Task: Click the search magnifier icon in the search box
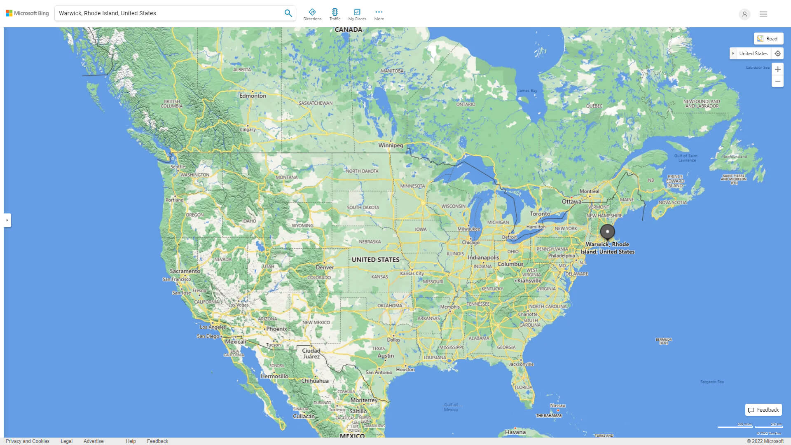tap(288, 13)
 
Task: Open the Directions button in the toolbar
tap(312, 14)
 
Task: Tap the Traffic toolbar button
tap(335, 14)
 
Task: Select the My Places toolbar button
tap(357, 14)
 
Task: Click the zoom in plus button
tap(777, 69)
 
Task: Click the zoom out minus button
tap(777, 81)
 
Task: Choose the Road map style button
tap(768, 39)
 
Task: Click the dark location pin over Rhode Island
tap(607, 232)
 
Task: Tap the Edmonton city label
tap(253, 96)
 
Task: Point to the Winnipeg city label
tap(391, 145)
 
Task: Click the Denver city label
tap(325, 267)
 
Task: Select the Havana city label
tap(515, 432)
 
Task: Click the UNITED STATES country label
tap(375, 260)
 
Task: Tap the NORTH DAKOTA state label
tap(362, 171)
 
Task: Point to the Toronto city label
tap(540, 213)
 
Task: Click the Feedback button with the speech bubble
tap(763, 410)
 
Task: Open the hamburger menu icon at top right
tap(763, 14)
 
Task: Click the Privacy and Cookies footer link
tap(28, 441)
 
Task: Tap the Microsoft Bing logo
tap(27, 13)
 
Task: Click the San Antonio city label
tap(379, 372)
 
